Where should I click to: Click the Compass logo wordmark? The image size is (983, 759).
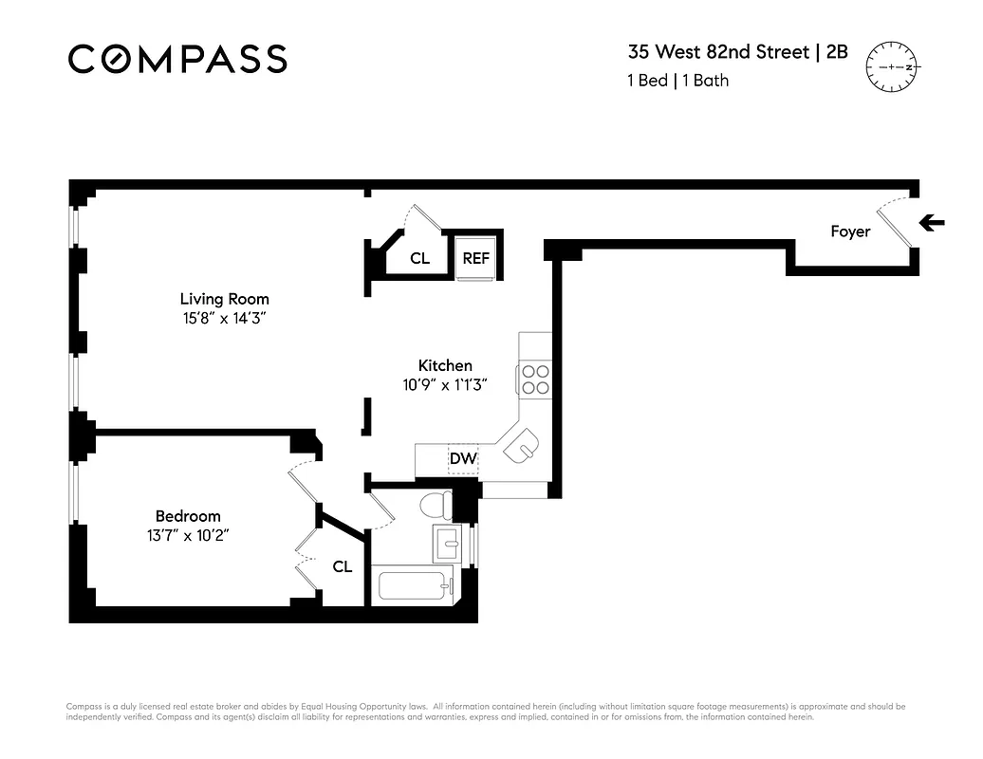[x=177, y=59]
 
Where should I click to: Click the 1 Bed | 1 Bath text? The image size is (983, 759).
[x=677, y=81]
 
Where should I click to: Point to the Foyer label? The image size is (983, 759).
[x=849, y=231]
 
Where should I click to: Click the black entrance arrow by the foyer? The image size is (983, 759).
[x=934, y=224]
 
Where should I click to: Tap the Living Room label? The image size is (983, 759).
[x=224, y=299]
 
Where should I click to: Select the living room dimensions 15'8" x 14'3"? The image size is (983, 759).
[x=224, y=320]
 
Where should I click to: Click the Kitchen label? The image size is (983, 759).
[x=445, y=365]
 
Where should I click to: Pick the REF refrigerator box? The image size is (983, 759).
[x=474, y=257]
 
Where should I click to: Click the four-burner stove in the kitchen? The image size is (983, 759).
[x=535, y=379]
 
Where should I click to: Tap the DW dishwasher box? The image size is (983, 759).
[x=463, y=459]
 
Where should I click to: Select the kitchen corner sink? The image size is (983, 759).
[x=520, y=445]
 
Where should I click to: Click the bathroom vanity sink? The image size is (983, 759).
[x=448, y=544]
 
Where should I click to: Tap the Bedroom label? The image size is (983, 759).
[x=188, y=516]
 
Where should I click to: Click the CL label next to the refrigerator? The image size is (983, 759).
[x=420, y=257]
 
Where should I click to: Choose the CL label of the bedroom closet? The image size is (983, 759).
[x=343, y=566]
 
